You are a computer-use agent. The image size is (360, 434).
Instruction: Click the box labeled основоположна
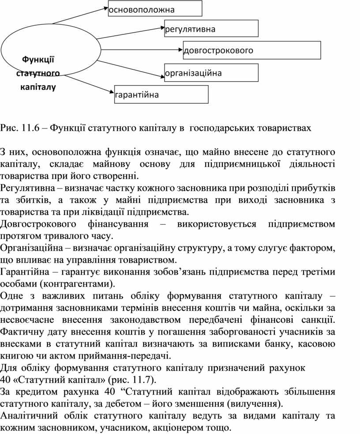(x=155, y=9)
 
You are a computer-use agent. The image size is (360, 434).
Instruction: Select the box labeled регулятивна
(x=211, y=29)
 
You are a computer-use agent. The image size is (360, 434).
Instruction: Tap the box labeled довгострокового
(x=252, y=50)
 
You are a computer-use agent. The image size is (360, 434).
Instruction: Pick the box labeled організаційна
(x=211, y=73)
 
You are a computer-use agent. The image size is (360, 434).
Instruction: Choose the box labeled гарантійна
(x=161, y=94)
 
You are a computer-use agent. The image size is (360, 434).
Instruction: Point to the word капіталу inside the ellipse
(x=38, y=87)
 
